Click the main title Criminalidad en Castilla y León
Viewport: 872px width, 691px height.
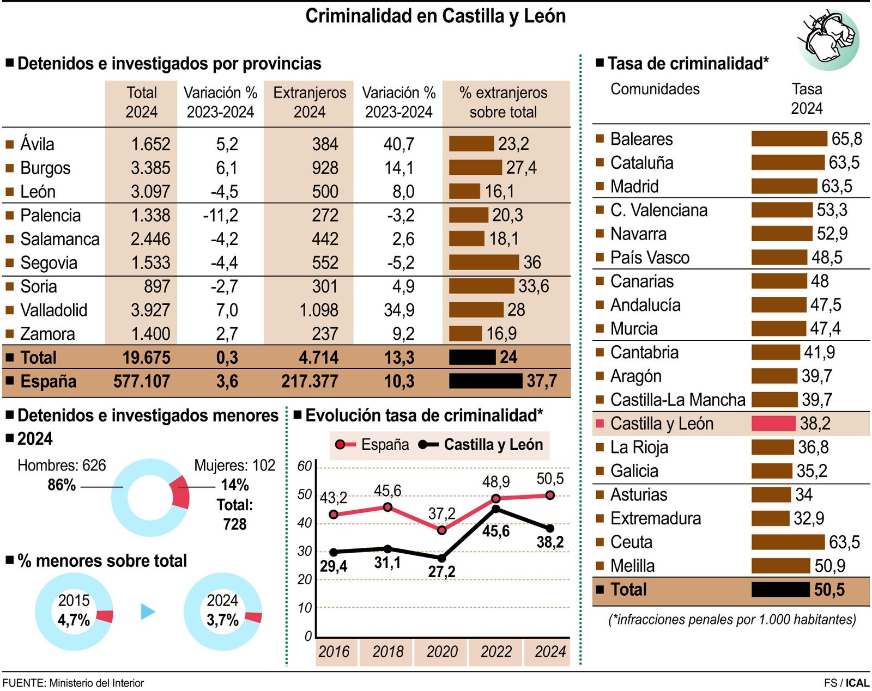click(435, 16)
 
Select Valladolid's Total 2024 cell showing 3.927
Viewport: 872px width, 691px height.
click(150, 310)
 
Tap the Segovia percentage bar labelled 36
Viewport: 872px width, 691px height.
click(484, 262)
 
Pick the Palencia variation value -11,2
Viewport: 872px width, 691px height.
click(220, 215)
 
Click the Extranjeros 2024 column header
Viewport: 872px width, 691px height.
click(309, 102)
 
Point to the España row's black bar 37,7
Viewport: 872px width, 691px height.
click(485, 381)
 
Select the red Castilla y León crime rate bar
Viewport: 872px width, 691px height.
click(773, 423)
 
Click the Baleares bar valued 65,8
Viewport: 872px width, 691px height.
click(789, 139)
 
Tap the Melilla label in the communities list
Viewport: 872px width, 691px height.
click(632, 566)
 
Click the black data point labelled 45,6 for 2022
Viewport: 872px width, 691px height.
click(496, 509)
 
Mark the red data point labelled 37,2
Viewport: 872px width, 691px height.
click(441, 530)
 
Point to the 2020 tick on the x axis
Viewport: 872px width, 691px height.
click(441, 651)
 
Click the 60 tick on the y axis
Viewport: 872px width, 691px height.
click(304, 466)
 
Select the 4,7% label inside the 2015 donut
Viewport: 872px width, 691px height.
click(74, 620)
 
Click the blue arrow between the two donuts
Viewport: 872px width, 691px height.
click(147, 611)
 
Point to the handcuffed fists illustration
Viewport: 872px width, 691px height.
click(829, 37)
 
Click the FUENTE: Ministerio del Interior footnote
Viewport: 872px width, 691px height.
click(73, 683)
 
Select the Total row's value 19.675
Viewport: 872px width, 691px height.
click(146, 357)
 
